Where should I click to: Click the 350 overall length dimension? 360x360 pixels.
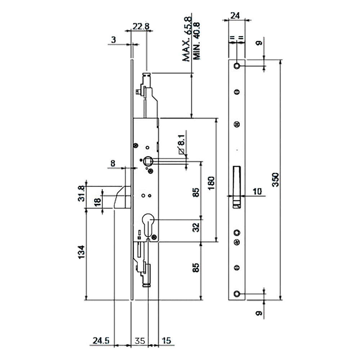pos(275,180)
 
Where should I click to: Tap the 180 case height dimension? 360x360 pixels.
pos(211,183)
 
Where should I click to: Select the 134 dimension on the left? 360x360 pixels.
pos(81,252)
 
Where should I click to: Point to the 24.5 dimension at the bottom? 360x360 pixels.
pos(101,341)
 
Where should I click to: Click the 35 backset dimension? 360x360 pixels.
pos(140,341)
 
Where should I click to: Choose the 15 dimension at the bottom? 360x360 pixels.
pos(166,341)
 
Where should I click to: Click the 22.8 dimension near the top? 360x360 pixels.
pos(141,26)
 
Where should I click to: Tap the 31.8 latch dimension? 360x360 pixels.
pos(81,194)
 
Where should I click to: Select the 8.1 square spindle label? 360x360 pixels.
pos(181,140)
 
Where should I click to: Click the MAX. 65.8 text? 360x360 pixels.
pos(186,39)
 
